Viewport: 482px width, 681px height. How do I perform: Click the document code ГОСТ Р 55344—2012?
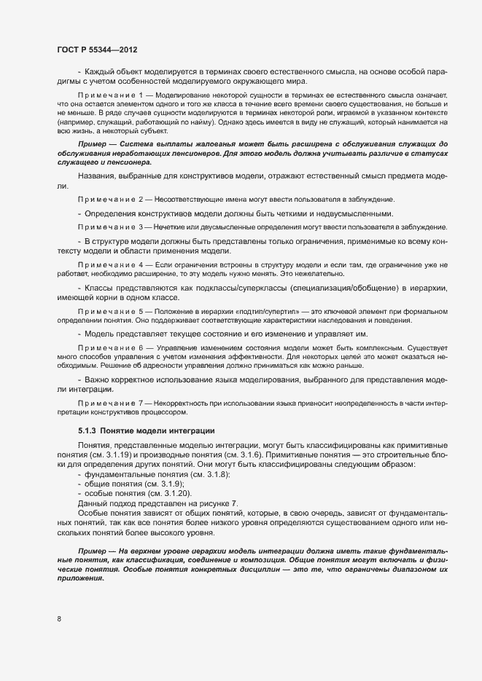96,49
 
